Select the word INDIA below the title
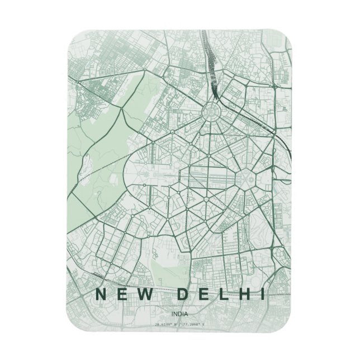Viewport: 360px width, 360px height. click(180, 315)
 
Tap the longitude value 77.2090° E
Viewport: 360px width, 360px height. click(194, 324)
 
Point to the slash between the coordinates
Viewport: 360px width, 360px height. click(180, 324)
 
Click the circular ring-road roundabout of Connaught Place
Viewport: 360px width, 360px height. click(214, 112)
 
